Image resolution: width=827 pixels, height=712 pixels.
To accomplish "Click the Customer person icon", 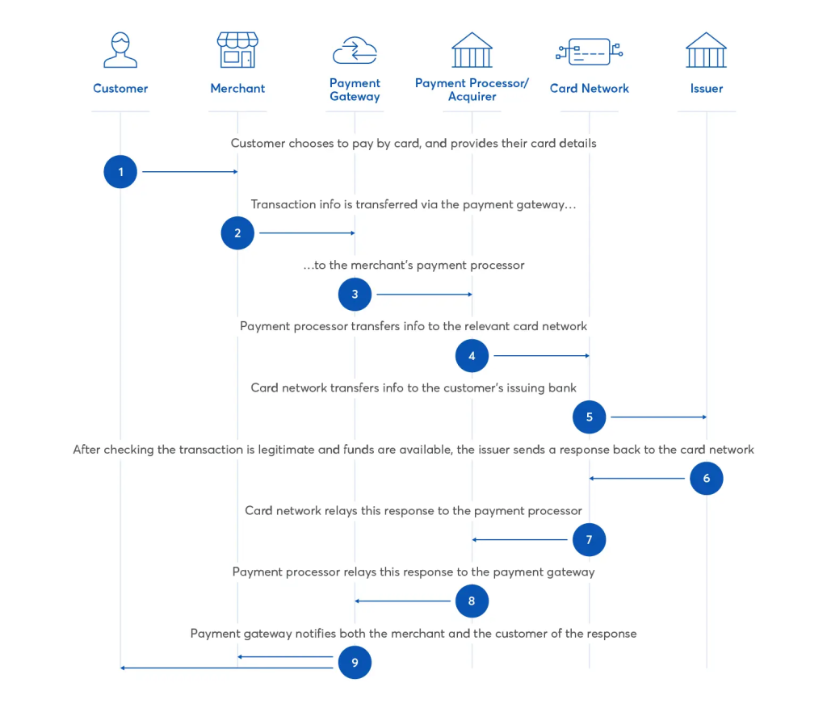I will [120, 50].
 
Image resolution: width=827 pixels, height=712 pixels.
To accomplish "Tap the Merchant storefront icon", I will [237, 50].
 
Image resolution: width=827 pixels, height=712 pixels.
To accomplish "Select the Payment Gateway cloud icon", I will [355, 50].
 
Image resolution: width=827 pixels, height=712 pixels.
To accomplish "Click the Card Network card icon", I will [589, 52].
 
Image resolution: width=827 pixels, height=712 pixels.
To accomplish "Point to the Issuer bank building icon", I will [706, 50].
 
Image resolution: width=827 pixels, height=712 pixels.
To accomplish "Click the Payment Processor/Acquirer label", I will [472, 90].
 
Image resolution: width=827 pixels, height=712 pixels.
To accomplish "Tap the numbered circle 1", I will [120, 172].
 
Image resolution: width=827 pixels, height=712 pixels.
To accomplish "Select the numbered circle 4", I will [472, 355].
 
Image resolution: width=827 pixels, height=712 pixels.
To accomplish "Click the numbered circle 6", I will [706, 479].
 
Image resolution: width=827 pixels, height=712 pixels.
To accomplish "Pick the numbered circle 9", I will [355, 663].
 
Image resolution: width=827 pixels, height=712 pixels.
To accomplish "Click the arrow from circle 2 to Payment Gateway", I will [307, 233].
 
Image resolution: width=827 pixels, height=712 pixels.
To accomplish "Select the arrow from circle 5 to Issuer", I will [658, 417].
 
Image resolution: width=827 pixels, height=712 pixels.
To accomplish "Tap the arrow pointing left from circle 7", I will [521, 539].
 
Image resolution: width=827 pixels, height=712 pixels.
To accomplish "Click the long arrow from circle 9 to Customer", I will [226, 668].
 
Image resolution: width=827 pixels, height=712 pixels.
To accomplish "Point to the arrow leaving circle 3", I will [424, 295].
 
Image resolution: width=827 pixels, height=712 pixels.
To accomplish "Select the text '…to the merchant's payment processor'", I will [413, 266].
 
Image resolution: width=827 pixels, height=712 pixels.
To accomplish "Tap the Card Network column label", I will [589, 89].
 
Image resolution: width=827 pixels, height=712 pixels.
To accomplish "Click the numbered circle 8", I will [472, 601].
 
